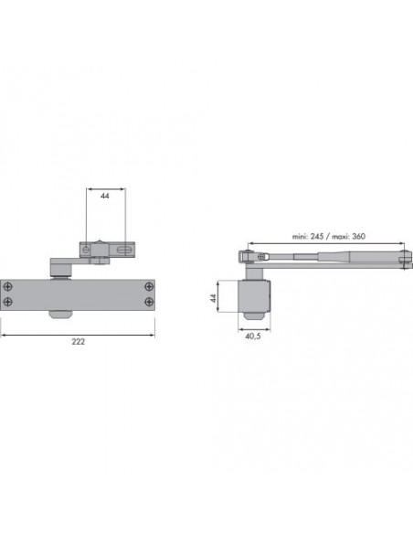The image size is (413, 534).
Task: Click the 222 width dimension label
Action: point(79,342)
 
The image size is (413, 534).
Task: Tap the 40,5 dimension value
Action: point(253,336)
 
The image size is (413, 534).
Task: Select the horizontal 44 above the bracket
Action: point(105,196)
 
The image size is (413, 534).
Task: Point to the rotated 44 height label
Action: point(213,298)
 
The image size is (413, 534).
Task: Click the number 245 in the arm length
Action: point(317,236)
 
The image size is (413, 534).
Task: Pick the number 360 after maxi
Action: point(358,236)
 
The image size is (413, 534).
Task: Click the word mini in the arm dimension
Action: point(300,236)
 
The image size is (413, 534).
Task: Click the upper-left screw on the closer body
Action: point(7,287)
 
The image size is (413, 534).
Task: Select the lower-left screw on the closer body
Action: point(7,302)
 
